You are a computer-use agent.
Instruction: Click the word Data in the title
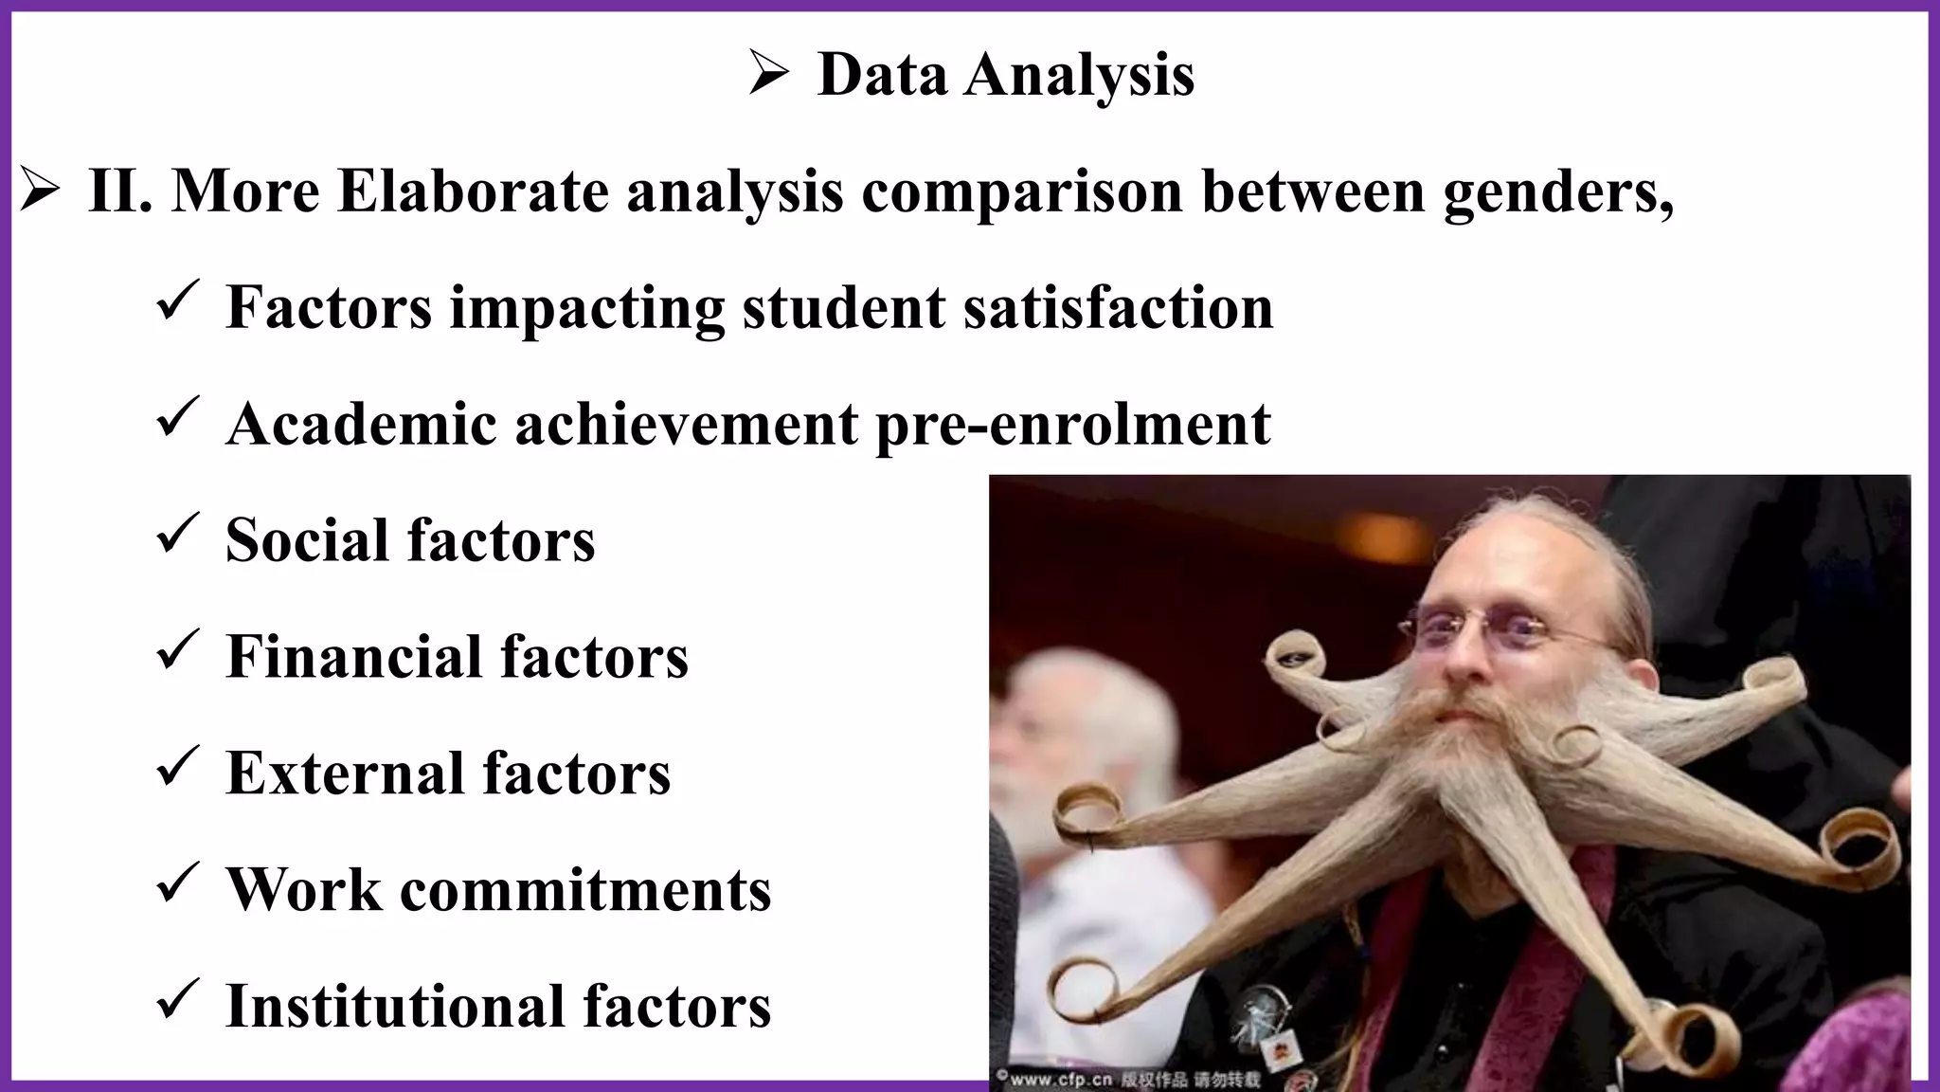tap(881, 74)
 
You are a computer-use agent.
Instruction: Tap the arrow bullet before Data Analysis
tap(767, 74)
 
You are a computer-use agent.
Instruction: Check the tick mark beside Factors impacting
tap(176, 301)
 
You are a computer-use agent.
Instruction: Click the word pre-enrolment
tap(1072, 425)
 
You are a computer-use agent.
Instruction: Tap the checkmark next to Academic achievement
tap(176, 418)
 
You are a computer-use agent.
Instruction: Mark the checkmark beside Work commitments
tap(176, 883)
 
